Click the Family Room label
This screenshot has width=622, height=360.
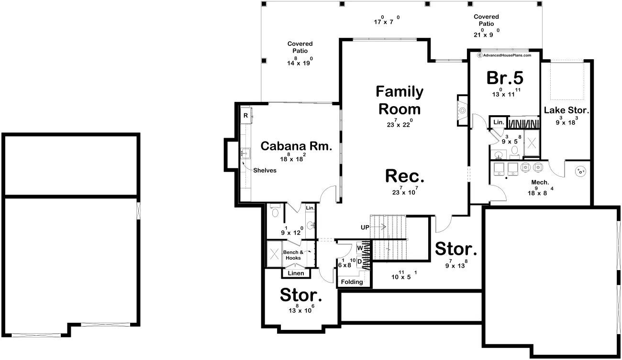point(400,100)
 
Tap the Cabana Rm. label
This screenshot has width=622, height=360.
point(296,146)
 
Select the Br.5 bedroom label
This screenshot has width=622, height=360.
point(505,78)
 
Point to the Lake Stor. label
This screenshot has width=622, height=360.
point(566,110)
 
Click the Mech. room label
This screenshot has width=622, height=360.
point(540,182)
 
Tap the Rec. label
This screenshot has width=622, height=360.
point(405,176)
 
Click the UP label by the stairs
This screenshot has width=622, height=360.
point(365,227)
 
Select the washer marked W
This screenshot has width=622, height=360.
point(360,248)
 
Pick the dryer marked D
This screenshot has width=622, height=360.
point(360,262)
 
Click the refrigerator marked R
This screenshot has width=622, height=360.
point(246,115)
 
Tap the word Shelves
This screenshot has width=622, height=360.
point(265,170)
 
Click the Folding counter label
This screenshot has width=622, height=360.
point(352,282)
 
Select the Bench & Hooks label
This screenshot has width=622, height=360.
point(293,255)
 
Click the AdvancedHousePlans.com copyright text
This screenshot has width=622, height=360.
point(504,55)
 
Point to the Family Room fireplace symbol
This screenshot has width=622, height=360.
point(462,110)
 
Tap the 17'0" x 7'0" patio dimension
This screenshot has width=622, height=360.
point(387,20)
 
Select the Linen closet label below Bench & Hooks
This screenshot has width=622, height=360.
point(296,273)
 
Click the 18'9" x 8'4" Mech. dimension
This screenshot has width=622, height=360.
point(540,191)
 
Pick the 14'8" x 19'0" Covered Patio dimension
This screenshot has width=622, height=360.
point(300,61)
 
